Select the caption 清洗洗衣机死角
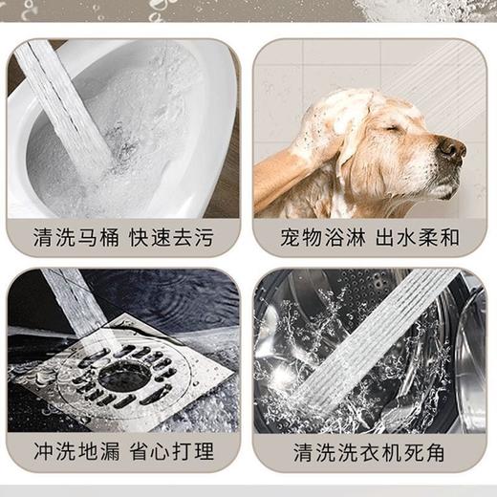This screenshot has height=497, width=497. click(370, 450)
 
